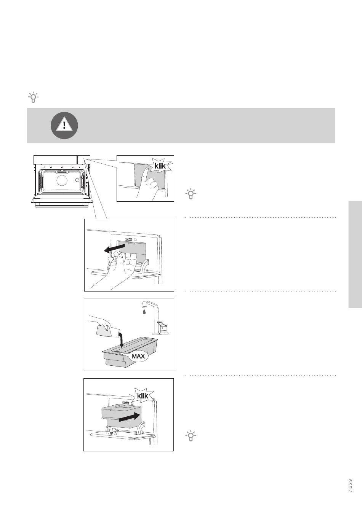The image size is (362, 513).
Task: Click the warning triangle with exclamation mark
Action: click(64, 125)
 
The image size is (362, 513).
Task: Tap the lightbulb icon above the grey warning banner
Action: click(33, 97)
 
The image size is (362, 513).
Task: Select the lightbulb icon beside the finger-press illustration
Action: click(191, 194)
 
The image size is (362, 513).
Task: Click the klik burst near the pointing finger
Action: click(160, 166)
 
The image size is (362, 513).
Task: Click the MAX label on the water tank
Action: click(138, 356)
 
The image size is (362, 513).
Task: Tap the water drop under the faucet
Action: click(144, 312)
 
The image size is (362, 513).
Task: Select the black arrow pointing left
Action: click(114, 249)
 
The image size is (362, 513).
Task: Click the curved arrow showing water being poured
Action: click(122, 340)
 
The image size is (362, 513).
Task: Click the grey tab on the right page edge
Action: click(355, 255)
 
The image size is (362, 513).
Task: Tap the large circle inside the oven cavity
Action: click(62, 180)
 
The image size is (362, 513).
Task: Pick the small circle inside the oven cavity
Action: click(77, 180)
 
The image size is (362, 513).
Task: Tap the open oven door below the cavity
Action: click(62, 199)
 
